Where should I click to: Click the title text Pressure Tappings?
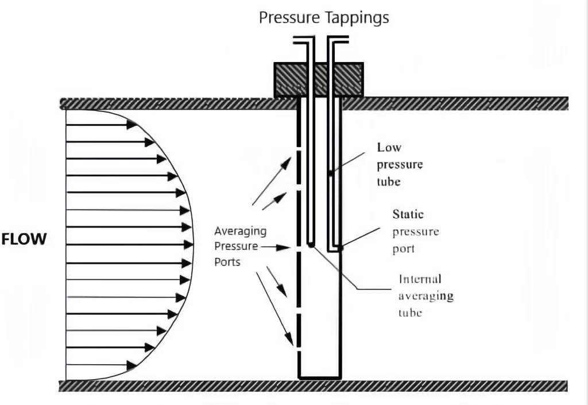(x=324, y=18)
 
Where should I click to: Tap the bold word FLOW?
(x=24, y=239)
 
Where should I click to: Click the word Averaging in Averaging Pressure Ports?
(x=240, y=232)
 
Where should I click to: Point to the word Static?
(x=408, y=214)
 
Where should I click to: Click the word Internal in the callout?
(x=420, y=279)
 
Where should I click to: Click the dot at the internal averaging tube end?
(x=310, y=245)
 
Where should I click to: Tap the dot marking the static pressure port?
(x=341, y=248)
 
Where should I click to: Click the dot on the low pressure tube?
(x=330, y=172)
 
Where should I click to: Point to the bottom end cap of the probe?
(x=319, y=377)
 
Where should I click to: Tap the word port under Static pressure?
(x=404, y=250)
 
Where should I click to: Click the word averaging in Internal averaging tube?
(x=425, y=296)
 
